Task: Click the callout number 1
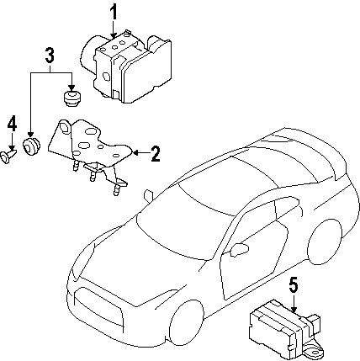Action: (114, 12)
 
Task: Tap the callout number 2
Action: (155, 154)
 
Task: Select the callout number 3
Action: (50, 55)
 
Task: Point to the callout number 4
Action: (12, 125)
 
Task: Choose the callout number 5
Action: (293, 286)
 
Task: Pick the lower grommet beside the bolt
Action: (31, 146)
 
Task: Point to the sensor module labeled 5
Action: (284, 326)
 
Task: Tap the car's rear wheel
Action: (325, 242)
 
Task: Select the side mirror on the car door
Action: (239, 249)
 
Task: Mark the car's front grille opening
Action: (98, 308)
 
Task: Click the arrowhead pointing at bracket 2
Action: (135, 153)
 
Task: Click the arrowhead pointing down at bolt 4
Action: (12, 148)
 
